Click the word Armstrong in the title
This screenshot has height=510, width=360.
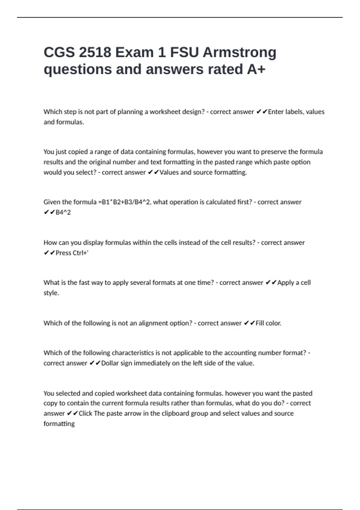pos(239,52)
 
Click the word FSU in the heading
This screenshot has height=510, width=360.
pos(184,52)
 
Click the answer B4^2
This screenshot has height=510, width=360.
pos(63,212)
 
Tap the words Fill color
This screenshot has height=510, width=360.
pos(268,323)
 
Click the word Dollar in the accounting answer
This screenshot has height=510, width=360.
pos(110,363)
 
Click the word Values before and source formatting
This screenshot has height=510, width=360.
pos(169,172)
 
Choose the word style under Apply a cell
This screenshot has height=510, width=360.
pos(51,293)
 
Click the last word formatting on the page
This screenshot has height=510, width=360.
pos(59,424)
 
